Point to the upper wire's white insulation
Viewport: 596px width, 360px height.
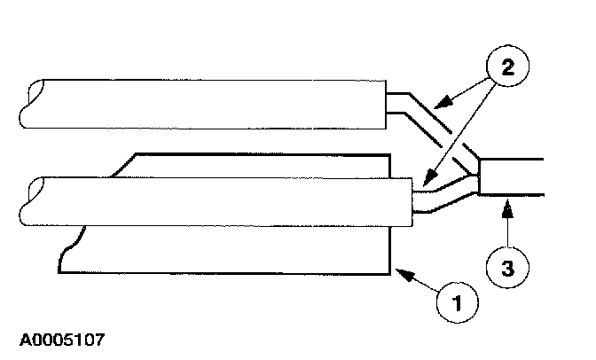tap(204, 104)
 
